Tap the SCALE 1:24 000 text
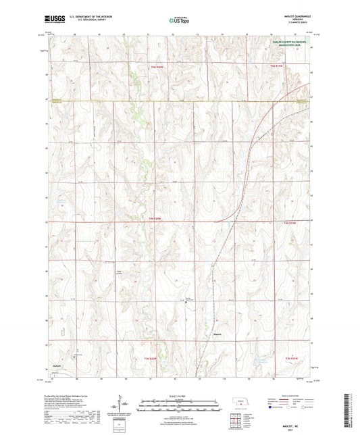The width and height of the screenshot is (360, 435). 180,397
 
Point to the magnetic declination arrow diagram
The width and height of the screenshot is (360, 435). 125,407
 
